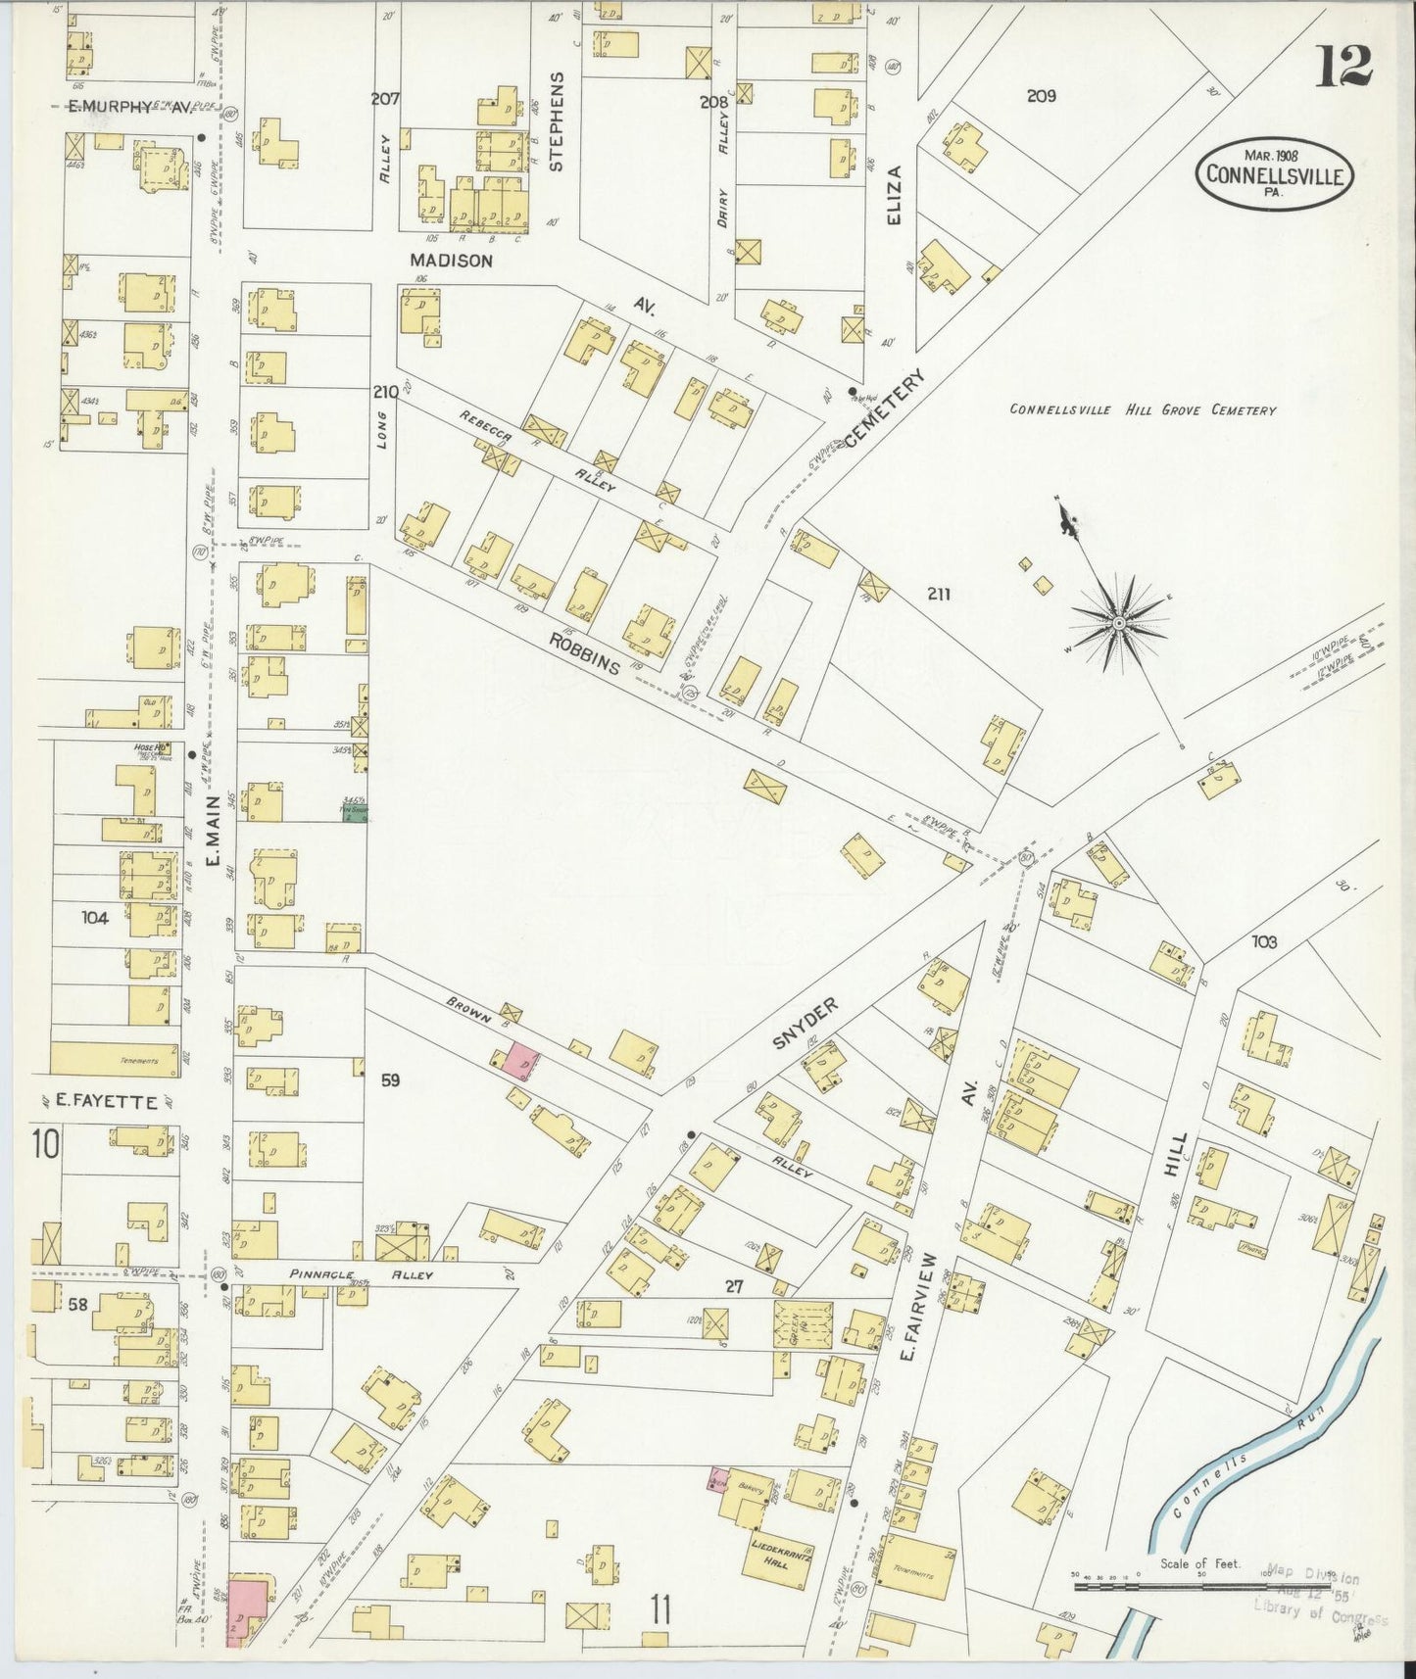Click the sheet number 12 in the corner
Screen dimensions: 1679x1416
pyautogui.click(x=1343, y=66)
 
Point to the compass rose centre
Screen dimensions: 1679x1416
pyautogui.click(x=1118, y=622)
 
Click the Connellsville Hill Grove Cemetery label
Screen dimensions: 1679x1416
pyautogui.click(x=1143, y=410)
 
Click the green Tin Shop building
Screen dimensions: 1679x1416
pyautogui.click(x=354, y=812)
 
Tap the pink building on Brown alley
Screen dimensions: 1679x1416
pyautogui.click(x=520, y=1062)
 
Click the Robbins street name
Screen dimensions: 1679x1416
pyautogui.click(x=584, y=653)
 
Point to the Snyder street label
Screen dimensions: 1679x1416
pyautogui.click(x=806, y=1024)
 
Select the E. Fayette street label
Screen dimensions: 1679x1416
pyautogui.click(x=106, y=1102)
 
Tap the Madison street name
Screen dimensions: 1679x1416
pyautogui.click(x=451, y=261)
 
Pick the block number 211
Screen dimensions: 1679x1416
pyautogui.click(x=936, y=594)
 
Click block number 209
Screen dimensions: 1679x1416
pyautogui.click(x=1041, y=96)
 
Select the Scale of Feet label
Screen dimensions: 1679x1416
pyautogui.click(x=1199, y=1564)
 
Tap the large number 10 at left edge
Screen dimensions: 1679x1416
pyautogui.click(x=45, y=1142)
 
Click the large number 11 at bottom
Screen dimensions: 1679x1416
pyautogui.click(x=659, y=1609)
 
